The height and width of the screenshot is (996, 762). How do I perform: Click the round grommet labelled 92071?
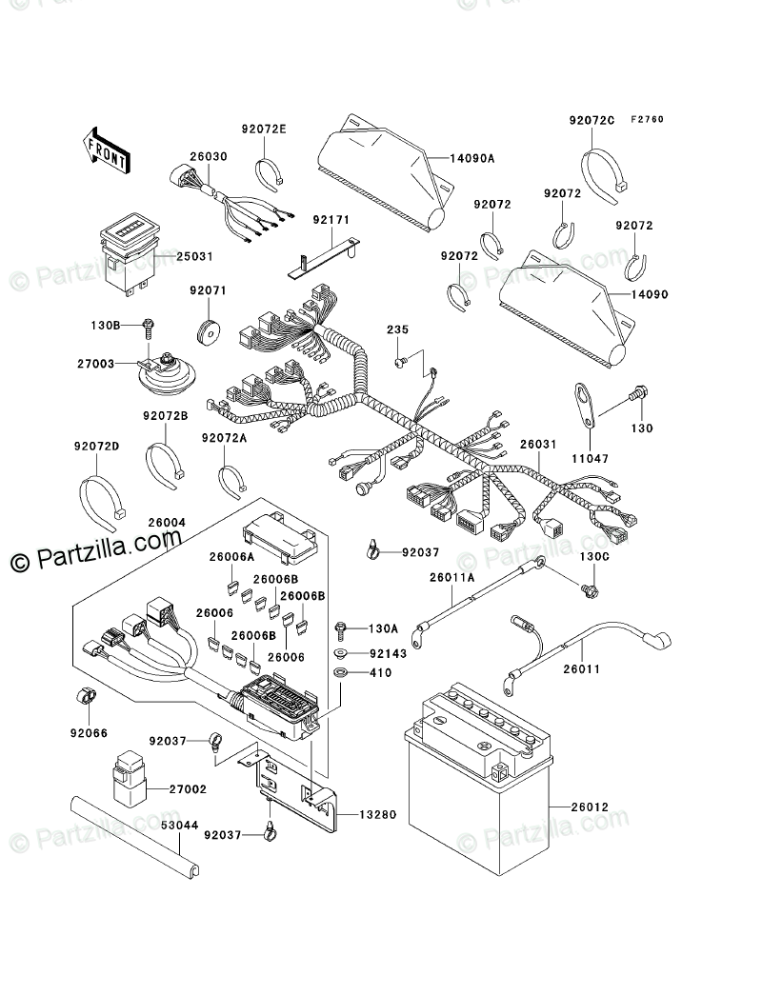tap(208, 332)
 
